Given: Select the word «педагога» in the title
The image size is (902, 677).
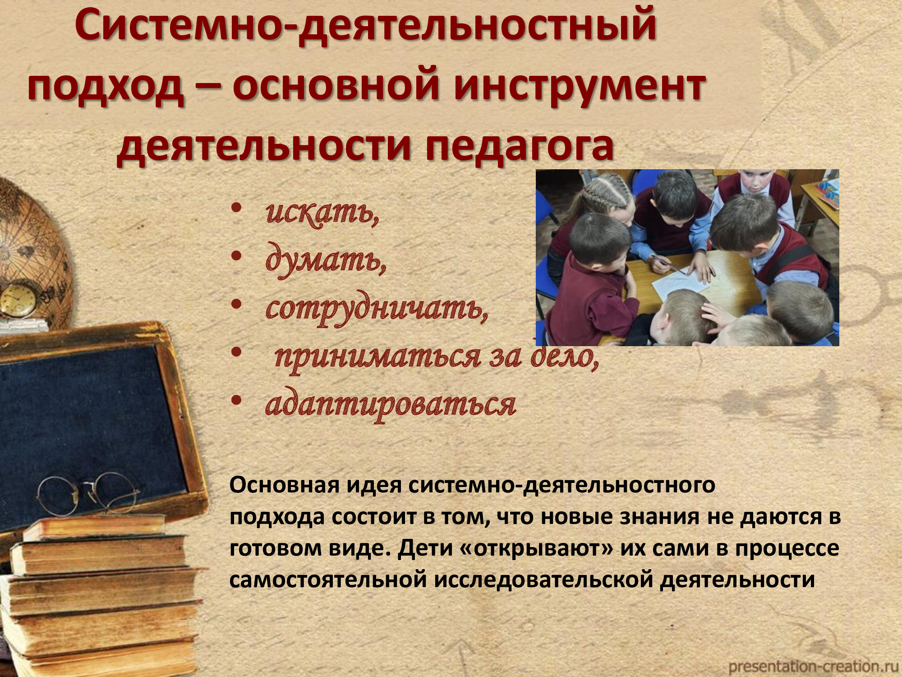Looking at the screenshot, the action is pos(519,147).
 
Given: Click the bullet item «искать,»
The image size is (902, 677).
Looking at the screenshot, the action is pos(322,212).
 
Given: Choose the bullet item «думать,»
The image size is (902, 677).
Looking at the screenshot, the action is pos(326,260).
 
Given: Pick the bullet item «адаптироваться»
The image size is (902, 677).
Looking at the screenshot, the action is pos(391,404).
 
